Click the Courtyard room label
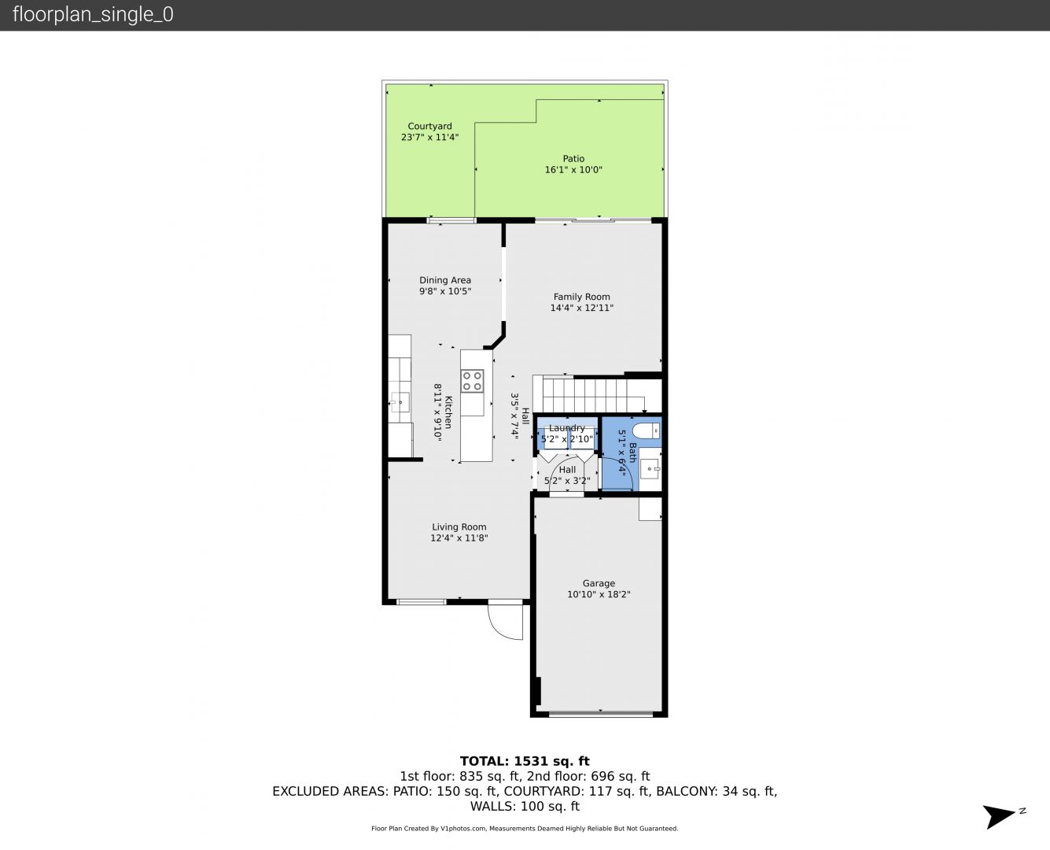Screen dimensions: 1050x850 click(429, 126)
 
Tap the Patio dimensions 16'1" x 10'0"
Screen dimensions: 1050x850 click(573, 170)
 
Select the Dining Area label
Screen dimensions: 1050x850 click(445, 280)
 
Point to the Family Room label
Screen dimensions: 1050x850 click(582, 297)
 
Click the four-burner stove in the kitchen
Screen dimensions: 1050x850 click(472, 382)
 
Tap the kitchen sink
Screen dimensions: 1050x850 click(400, 402)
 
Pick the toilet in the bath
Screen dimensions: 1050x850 click(646, 431)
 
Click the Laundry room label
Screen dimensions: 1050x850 click(567, 428)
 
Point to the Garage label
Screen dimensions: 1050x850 click(599, 584)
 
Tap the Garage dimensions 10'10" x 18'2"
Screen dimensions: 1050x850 click(599, 595)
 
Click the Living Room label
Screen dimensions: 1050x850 click(459, 527)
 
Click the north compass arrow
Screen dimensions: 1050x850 click(999, 817)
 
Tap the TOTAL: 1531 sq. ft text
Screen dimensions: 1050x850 click(525, 761)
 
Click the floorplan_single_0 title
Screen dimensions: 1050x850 click(93, 15)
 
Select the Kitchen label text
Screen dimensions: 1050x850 click(448, 412)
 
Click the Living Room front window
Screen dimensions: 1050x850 click(421, 602)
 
